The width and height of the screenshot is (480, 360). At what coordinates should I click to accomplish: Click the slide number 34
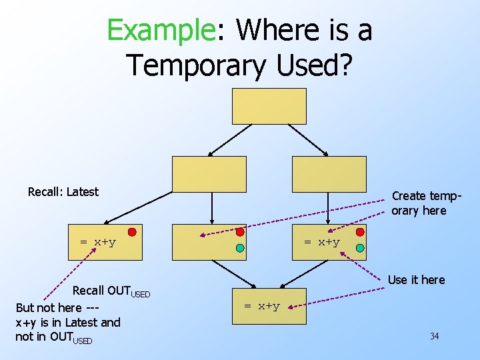point(434,336)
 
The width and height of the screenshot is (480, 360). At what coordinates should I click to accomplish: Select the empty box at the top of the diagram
point(269,106)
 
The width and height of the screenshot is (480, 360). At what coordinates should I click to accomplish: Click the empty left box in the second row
point(209,174)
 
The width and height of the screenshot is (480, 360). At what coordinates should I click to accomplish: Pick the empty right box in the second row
point(329,174)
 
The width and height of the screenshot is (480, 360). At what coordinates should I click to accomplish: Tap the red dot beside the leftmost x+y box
point(132,232)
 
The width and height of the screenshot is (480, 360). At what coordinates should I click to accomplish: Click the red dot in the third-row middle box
point(240,232)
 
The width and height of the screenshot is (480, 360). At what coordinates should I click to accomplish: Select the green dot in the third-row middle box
point(240,248)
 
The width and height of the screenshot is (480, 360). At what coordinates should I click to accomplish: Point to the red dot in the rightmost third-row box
point(360,232)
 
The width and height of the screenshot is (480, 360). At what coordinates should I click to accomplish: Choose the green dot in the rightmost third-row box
point(360,248)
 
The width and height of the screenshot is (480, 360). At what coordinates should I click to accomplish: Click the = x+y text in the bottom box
point(261,306)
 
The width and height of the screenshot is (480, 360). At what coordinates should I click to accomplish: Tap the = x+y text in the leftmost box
point(98,242)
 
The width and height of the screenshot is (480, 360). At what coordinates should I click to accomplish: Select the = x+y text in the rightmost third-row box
point(322,242)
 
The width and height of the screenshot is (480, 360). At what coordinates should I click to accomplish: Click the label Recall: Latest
point(63,192)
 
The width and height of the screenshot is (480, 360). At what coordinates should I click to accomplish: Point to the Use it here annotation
point(416,279)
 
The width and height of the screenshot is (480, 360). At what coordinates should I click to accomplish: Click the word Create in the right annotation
point(409,196)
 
